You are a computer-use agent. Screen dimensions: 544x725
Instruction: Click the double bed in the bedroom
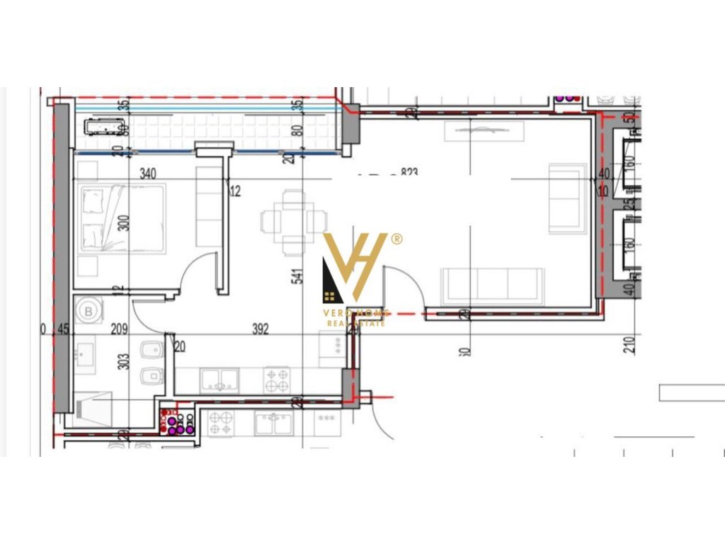(x=122, y=218)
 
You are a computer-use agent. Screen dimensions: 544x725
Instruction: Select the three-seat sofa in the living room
(x=492, y=285)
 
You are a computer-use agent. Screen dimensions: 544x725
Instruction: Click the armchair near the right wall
(x=567, y=198)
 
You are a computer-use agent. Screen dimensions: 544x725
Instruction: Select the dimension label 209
(x=118, y=329)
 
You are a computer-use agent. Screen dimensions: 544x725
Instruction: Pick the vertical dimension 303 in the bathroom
(x=125, y=361)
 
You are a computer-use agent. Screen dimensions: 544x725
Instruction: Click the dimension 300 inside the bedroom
(x=125, y=223)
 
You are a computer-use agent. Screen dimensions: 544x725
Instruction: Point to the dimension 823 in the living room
(x=409, y=172)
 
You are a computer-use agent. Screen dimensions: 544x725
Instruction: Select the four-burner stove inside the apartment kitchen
(x=277, y=380)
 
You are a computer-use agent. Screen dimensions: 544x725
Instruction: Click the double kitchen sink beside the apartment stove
(x=219, y=381)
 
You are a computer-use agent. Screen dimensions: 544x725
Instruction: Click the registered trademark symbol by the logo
(x=396, y=239)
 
